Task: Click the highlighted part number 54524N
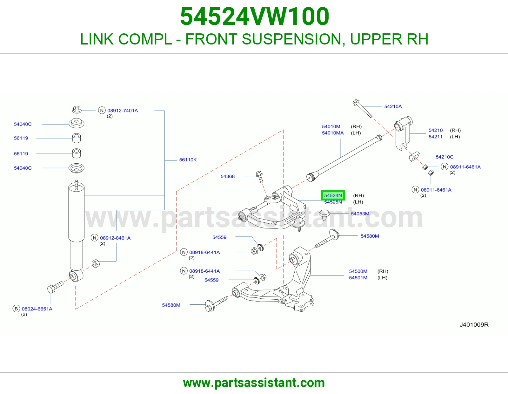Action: (x=333, y=195)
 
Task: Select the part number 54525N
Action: (x=333, y=202)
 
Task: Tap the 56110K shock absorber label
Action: (x=188, y=160)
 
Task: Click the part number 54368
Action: (x=227, y=176)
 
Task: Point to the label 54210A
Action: (x=393, y=106)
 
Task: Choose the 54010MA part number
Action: (x=333, y=133)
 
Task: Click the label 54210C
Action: (x=444, y=157)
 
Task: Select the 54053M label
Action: (x=360, y=214)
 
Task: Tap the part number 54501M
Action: (x=358, y=278)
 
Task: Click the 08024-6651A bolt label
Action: (x=37, y=309)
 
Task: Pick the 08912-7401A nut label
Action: (x=123, y=111)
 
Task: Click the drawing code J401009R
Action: (x=474, y=325)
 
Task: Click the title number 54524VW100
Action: (x=255, y=17)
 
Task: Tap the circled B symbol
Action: (x=16, y=309)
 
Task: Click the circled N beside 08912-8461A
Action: (x=94, y=238)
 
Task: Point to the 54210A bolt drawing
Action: (x=362, y=108)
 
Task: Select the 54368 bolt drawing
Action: (x=259, y=177)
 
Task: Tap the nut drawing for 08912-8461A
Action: (x=96, y=263)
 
